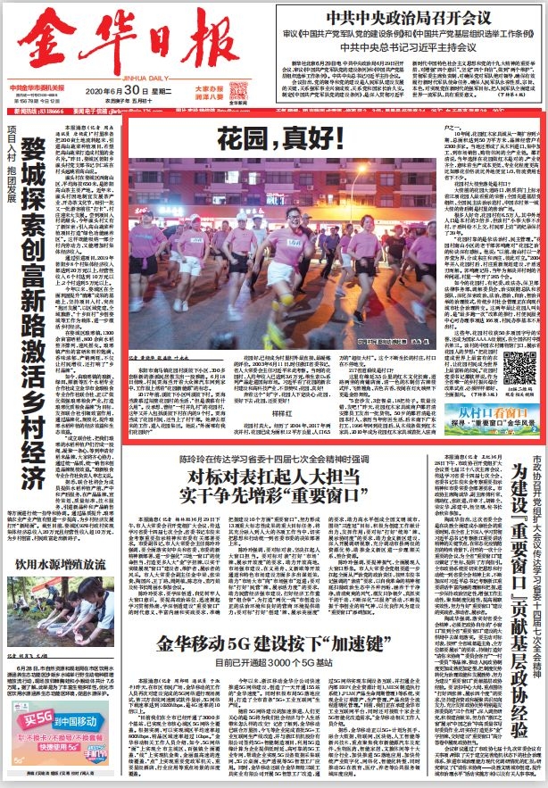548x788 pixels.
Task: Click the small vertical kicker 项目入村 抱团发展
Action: (x=12, y=162)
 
